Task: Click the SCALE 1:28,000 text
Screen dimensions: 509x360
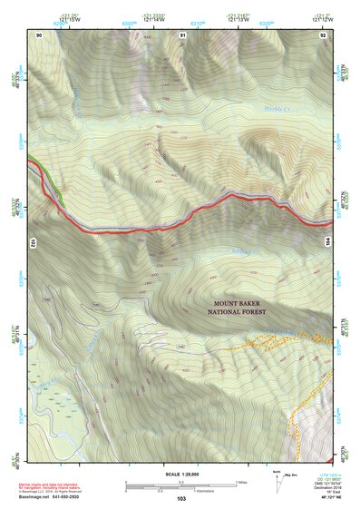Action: pyautogui.click(x=181, y=474)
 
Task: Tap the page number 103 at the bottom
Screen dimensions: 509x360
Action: pyautogui.click(x=181, y=498)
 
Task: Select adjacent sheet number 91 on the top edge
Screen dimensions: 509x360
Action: pyautogui.click(x=182, y=34)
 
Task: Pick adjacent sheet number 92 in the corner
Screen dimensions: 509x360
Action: pyautogui.click(x=323, y=34)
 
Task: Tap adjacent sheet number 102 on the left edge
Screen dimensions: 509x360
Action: pyautogui.click(x=32, y=243)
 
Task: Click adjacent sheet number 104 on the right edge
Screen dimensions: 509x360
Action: pyautogui.click(x=329, y=243)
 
